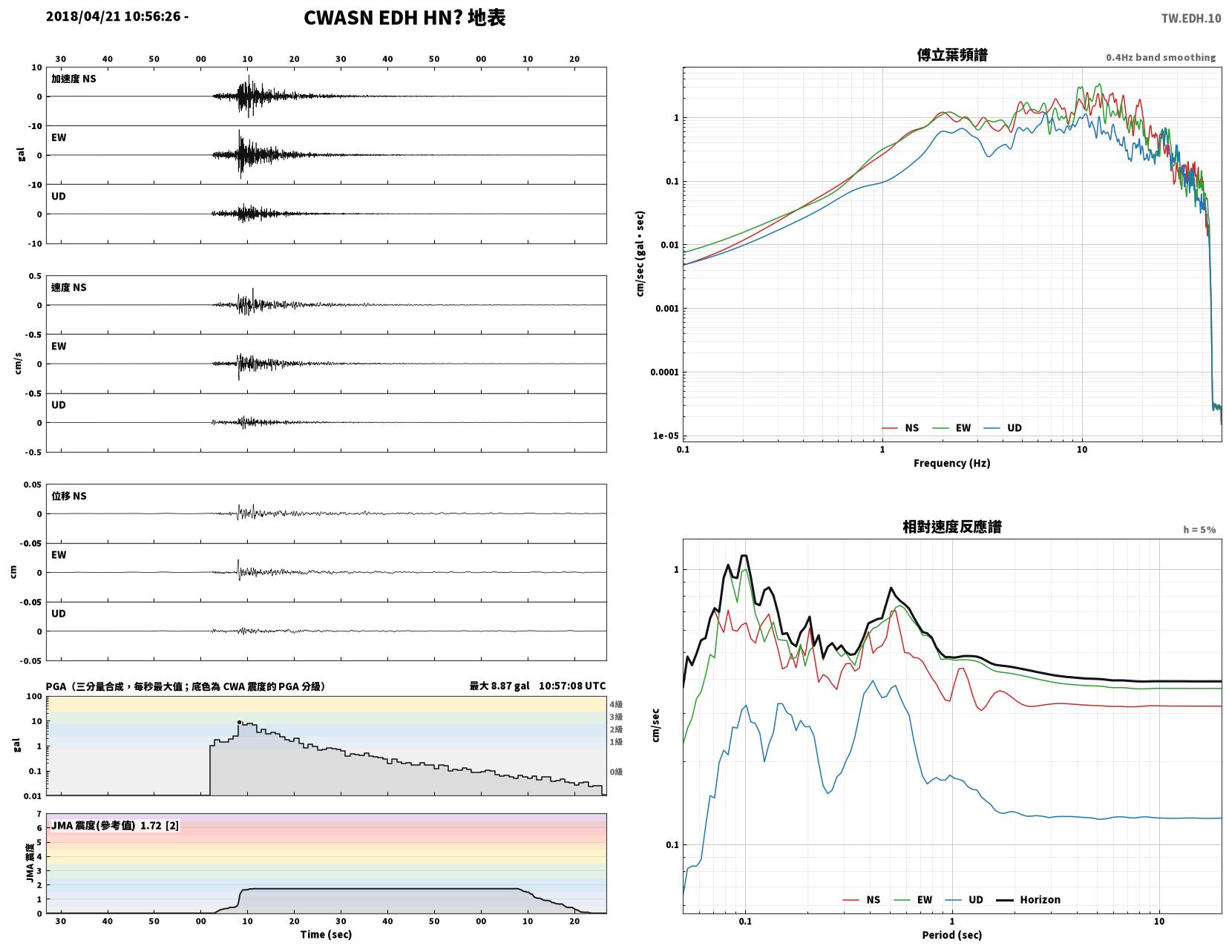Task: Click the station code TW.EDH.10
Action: [x=1190, y=18]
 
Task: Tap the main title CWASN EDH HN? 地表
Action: [x=404, y=18]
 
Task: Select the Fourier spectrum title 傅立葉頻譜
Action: [x=952, y=55]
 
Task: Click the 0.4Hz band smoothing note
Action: [x=1161, y=57]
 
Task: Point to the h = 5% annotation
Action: [x=1199, y=530]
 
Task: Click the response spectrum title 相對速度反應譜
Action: [x=952, y=527]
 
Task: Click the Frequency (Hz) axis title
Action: [x=952, y=463]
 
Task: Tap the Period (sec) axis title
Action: [x=952, y=935]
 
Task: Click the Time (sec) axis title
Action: [x=326, y=934]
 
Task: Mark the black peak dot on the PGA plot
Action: [x=239, y=723]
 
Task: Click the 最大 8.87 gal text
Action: [x=499, y=686]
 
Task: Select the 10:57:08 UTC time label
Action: [x=572, y=686]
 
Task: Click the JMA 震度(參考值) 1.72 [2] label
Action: [x=115, y=825]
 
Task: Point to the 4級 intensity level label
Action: [x=616, y=704]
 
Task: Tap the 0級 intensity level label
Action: [x=616, y=772]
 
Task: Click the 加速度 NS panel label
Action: [x=73, y=79]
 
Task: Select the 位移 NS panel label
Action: [x=69, y=496]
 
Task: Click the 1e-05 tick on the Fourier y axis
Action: [x=666, y=436]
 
